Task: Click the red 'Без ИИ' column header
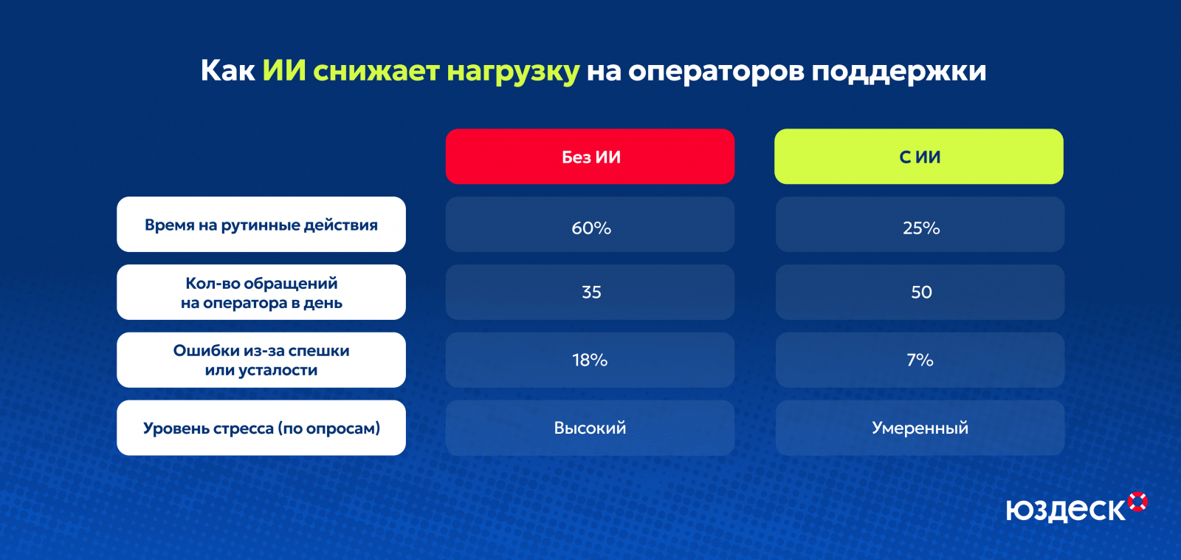click(590, 156)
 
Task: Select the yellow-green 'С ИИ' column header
click(919, 156)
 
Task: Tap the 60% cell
click(590, 225)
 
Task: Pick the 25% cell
click(920, 225)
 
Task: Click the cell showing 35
click(590, 292)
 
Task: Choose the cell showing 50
click(920, 292)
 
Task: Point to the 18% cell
click(590, 360)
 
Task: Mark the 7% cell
click(920, 360)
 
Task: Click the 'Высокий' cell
click(590, 428)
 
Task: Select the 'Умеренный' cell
click(920, 428)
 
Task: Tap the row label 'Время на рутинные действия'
click(261, 225)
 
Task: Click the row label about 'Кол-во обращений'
click(261, 292)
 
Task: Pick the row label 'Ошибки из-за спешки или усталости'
click(261, 360)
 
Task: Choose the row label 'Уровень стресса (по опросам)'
click(261, 428)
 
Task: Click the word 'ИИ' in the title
click(284, 70)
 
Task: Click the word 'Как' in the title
click(228, 70)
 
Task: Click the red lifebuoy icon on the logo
click(1137, 502)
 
